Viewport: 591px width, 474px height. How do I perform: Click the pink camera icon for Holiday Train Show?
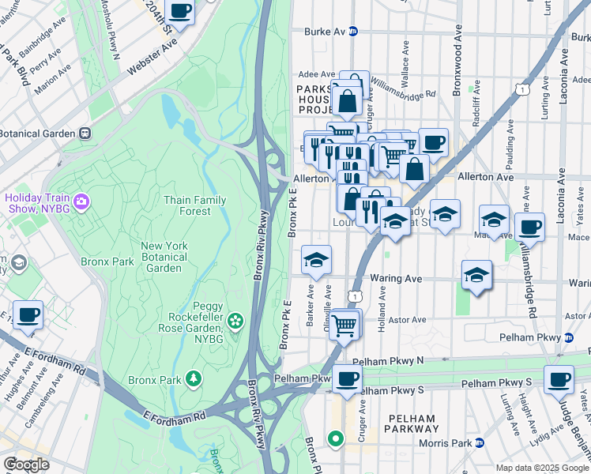[80, 203]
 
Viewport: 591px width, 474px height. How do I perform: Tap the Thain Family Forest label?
[188, 205]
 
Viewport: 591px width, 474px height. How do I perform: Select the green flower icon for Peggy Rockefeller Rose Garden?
[235, 321]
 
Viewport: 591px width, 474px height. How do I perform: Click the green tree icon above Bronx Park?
[193, 381]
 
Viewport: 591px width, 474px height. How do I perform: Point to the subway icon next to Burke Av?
[353, 32]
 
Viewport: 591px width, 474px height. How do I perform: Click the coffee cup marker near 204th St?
[180, 11]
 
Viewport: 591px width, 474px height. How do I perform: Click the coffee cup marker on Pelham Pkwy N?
[346, 379]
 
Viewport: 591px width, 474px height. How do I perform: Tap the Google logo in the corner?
[26, 465]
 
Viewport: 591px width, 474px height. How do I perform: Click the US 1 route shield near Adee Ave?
[523, 90]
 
